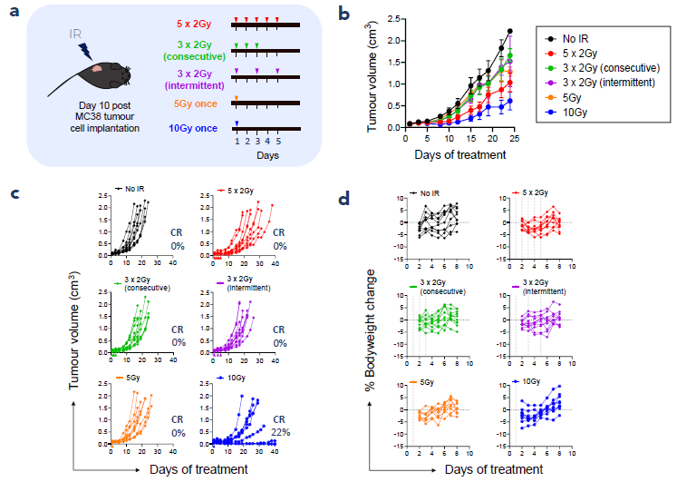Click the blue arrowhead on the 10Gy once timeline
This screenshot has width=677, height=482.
coord(237,123)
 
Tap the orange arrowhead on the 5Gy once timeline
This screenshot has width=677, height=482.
coord(237,96)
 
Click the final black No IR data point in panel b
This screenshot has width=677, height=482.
coord(509,31)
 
